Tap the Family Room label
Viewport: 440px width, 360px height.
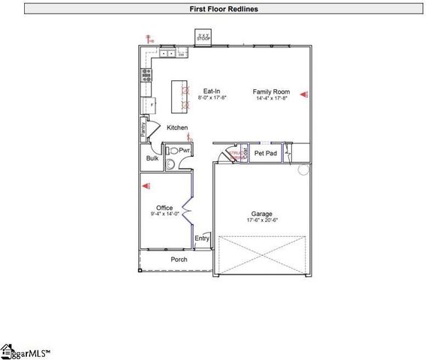tap(271, 91)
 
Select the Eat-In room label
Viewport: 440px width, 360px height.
tap(212, 91)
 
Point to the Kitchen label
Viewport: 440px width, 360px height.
tap(177, 127)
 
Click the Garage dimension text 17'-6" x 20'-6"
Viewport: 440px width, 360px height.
tap(262, 220)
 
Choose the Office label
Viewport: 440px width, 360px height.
tap(164, 208)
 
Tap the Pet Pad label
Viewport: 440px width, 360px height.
tap(266, 153)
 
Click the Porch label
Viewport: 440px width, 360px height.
tap(179, 259)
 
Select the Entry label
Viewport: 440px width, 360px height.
tap(202, 238)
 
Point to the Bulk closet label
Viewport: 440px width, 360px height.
tap(152, 158)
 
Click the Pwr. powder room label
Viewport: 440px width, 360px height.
tap(184, 150)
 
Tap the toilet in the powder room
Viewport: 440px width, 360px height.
tap(173, 151)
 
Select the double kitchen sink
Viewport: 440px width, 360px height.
tap(167, 53)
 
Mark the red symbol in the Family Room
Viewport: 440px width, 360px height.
tap(305, 94)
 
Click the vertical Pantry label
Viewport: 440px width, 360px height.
tap(143, 129)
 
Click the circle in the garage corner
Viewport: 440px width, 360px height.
tap(304, 169)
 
